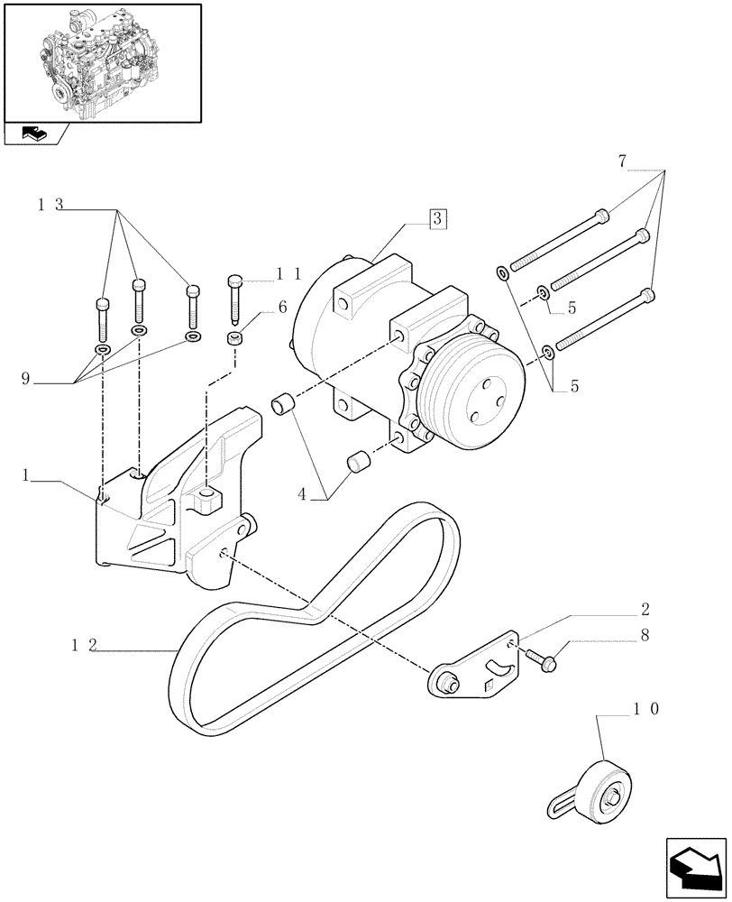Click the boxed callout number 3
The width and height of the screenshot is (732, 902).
tap(435, 218)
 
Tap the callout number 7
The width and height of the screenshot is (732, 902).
tap(623, 161)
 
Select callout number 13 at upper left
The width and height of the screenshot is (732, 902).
tap(50, 205)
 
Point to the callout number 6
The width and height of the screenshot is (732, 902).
tap(282, 307)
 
